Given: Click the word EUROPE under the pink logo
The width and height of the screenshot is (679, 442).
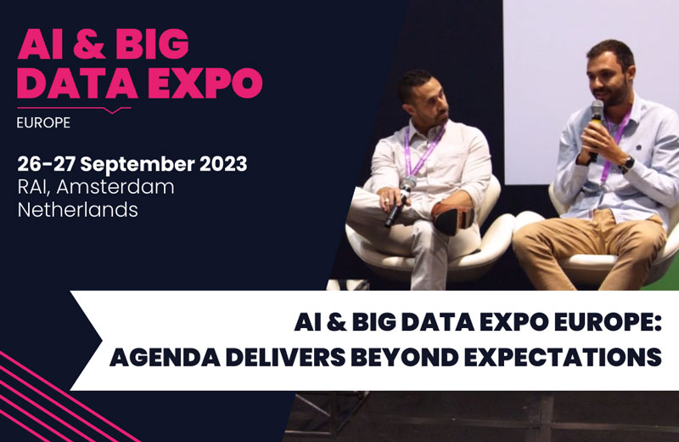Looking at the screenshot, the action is (x=43, y=122).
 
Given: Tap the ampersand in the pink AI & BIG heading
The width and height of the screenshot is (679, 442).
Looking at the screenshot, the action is (x=90, y=44).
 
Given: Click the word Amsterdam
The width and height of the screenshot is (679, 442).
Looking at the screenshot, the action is (x=115, y=187).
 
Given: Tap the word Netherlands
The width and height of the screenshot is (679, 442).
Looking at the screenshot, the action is (x=78, y=210).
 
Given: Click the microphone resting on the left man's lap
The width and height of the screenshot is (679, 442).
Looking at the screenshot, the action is (x=400, y=201).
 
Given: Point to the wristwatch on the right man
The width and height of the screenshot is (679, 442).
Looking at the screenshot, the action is (x=627, y=164).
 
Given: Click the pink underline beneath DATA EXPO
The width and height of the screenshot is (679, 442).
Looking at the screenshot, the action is (x=74, y=109).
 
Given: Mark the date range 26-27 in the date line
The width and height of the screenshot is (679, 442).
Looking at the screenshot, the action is (x=47, y=164).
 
